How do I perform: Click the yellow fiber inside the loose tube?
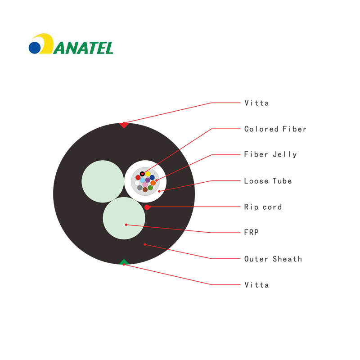click(x=148, y=174)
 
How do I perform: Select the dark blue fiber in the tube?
click(x=152, y=177)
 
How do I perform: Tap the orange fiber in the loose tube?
click(x=153, y=183)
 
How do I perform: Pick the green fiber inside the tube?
click(x=150, y=188)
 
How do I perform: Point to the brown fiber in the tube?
click(x=145, y=189)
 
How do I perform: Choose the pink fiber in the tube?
click(x=145, y=184)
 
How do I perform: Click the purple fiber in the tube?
click(x=148, y=180)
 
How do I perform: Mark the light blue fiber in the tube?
click(x=143, y=180)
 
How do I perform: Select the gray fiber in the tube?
click(x=140, y=188)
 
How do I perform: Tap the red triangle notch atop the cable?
click(x=124, y=125)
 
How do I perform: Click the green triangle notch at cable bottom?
click(x=124, y=262)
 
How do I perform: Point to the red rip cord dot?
click(x=147, y=207)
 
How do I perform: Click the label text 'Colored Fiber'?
click(x=275, y=129)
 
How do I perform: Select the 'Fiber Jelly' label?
click(x=270, y=154)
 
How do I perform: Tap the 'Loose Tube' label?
click(x=268, y=181)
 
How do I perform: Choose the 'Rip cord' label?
click(x=263, y=207)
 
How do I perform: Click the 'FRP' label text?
click(x=252, y=232)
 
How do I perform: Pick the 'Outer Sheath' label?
click(x=273, y=259)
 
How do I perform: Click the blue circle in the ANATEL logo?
click(x=35, y=48)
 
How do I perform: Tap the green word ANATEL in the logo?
click(x=83, y=48)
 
